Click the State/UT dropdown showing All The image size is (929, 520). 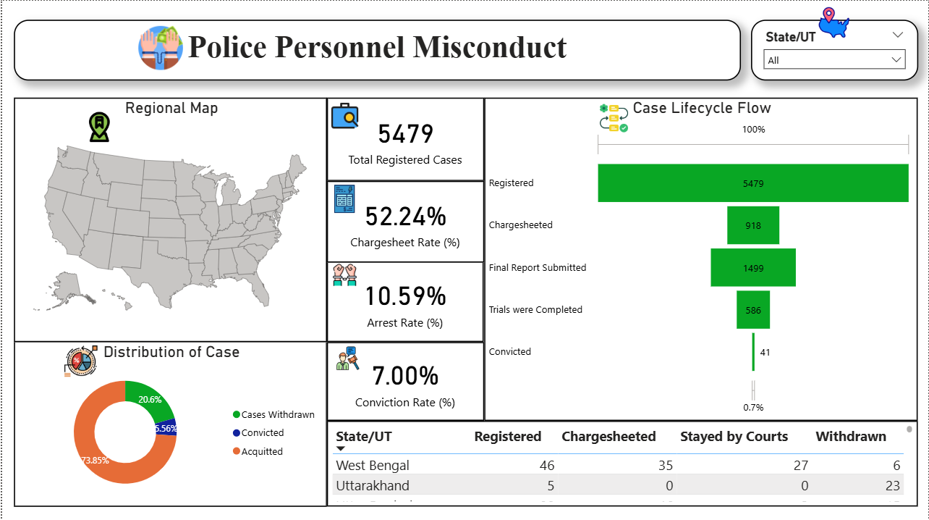(x=834, y=60)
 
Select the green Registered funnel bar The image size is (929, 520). (x=752, y=183)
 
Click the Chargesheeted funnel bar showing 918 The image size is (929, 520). (x=752, y=225)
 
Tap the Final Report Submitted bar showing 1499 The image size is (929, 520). (x=752, y=267)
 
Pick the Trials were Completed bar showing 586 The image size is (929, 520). (x=752, y=310)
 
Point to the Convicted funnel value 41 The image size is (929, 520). (x=765, y=353)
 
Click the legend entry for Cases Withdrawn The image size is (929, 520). (x=278, y=415)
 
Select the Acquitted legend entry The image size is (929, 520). (x=262, y=451)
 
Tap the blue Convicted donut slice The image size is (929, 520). (x=167, y=428)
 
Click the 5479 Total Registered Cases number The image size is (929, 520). (x=405, y=134)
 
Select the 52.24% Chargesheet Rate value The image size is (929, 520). (x=405, y=217)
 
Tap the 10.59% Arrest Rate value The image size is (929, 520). (x=405, y=296)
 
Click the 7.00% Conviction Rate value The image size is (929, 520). (x=405, y=376)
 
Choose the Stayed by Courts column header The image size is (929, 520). (x=734, y=437)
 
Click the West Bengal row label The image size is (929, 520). (x=373, y=466)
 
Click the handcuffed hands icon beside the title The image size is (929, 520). (x=161, y=48)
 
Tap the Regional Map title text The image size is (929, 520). (x=171, y=109)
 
